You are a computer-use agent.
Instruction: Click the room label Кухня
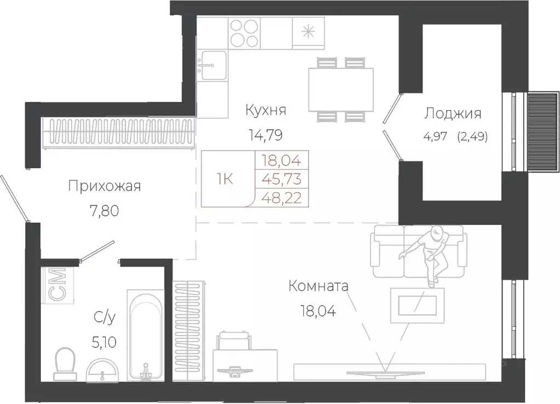click(266, 110)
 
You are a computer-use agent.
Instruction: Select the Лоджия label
click(453, 114)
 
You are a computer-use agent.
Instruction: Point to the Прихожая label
click(105, 186)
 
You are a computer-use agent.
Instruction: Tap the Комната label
click(319, 286)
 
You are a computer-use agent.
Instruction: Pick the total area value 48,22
click(282, 197)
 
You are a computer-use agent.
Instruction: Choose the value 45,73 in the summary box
click(282, 178)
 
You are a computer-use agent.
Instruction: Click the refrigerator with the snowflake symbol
click(309, 32)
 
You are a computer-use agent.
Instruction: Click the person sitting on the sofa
click(432, 252)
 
